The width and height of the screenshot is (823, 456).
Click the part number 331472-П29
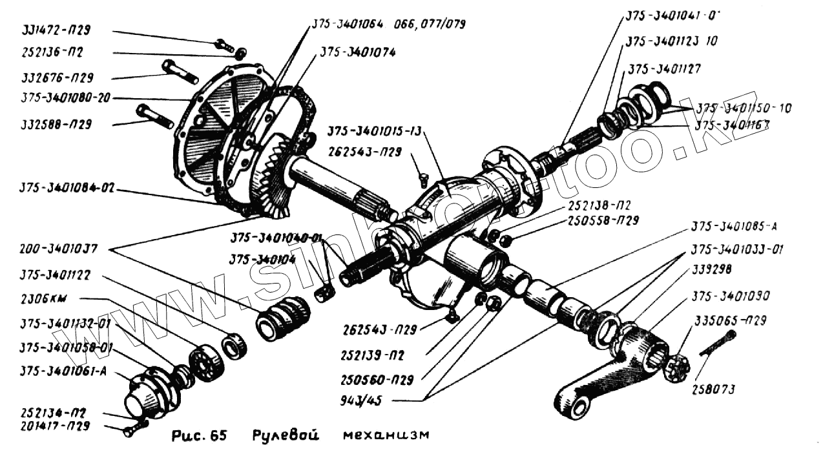coord(55,30)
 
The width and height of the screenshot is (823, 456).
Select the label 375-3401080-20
coord(65,99)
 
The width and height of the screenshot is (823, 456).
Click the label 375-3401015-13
coord(373,132)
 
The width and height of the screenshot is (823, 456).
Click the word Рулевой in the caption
coord(285,435)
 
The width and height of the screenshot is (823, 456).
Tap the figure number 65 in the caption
coord(218,436)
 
